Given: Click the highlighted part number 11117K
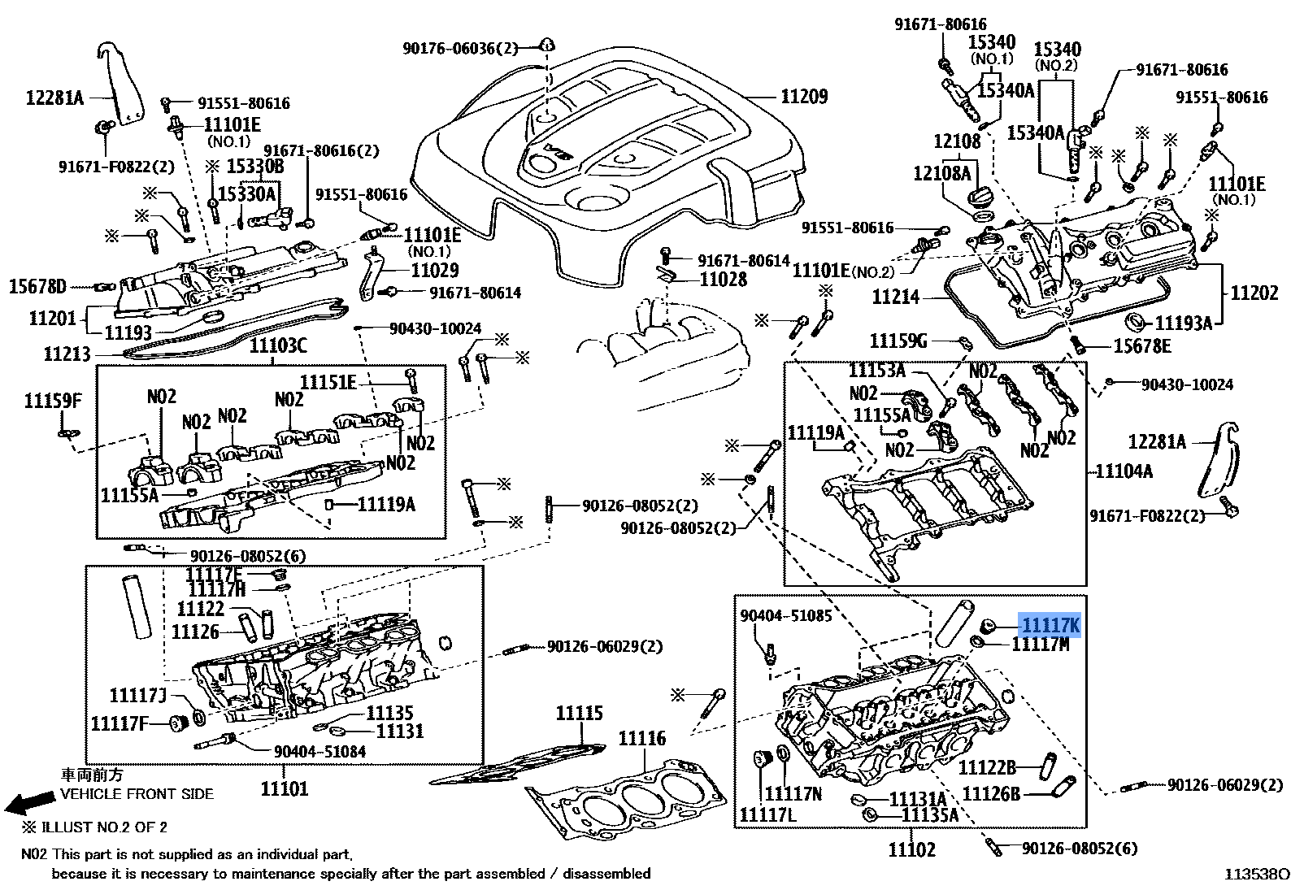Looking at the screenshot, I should (x=1050, y=625).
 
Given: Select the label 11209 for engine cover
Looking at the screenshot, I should (x=804, y=97).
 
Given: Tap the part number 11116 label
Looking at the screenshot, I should (x=641, y=738).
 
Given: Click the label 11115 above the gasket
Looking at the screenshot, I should (x=579, y=713).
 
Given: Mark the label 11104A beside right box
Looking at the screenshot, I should (x=1124, y=471).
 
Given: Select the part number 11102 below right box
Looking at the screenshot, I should (x=911, y=849).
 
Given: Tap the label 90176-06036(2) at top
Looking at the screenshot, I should (x=459, y=48).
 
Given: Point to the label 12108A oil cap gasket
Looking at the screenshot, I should (x=941, y=173).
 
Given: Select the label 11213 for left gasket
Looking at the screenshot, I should (x=67, y=354).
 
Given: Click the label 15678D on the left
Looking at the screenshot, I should (x=37, y=286).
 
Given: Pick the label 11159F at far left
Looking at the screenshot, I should (x=53, y=400).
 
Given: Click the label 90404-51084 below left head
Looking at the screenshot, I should (x=319, y=752).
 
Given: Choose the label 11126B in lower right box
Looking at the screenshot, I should (x=990, y=793).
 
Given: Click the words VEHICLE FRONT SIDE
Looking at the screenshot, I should (x=137, y=793).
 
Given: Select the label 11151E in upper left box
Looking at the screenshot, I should (x=328, y=382).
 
